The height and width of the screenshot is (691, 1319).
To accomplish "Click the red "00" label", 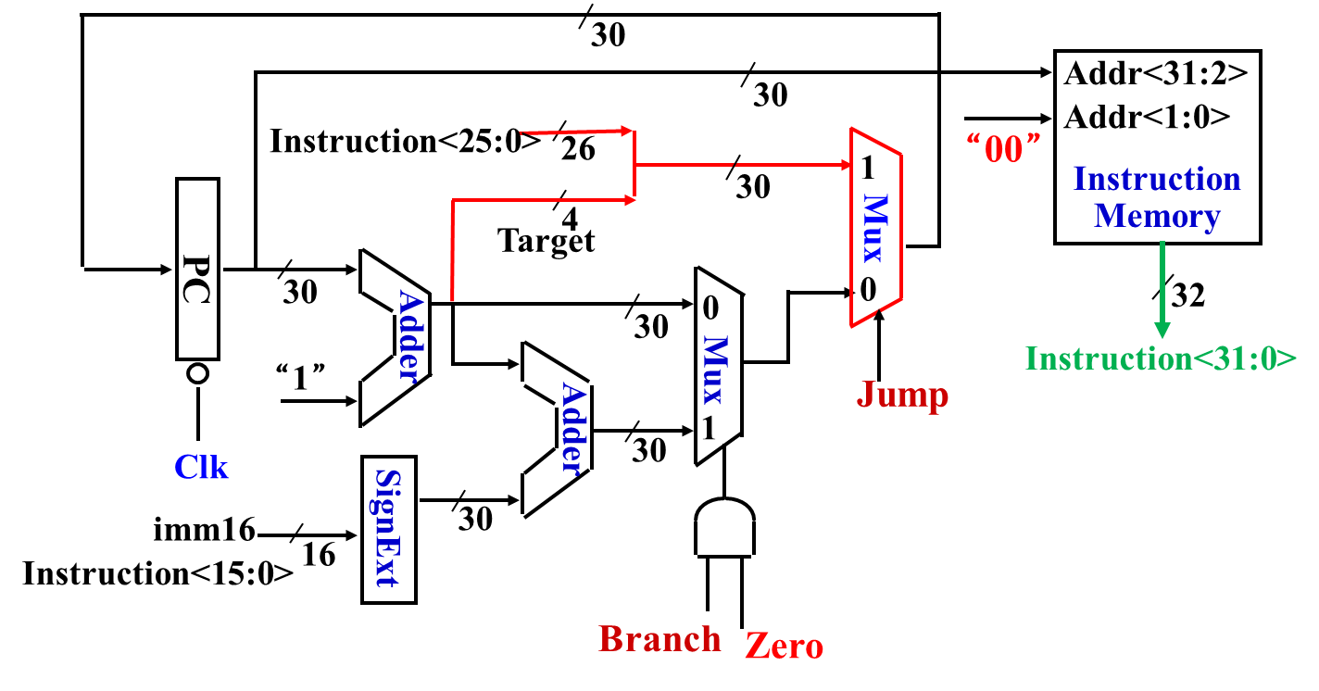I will pyautogui.click(x=1003, y=148).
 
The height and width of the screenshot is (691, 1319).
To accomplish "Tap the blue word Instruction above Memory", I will pyautogui.click(x=1157, y=179).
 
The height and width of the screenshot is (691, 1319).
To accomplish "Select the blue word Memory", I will pyautogui.click(x=1157, y=217).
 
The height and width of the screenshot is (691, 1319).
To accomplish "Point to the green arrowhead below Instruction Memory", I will pyautogui.click(x=1162, y=330).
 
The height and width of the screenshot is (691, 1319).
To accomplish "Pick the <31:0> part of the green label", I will pyautogui.click(x=1244, y=358).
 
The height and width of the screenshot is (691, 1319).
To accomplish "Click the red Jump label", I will pyautogui.click(x=902, y=396).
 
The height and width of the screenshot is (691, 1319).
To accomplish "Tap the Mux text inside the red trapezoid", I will pyautogui.click(x=875, y=228).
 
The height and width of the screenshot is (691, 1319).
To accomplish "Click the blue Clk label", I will pyautogui.click(x=201, y=468).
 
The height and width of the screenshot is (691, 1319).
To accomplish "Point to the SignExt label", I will pyautogui.click(x=386, y=528).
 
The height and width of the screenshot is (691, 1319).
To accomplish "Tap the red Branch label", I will pyautogui.click(x=659, y=639).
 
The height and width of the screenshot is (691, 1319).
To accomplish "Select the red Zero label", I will pyautogui.click(x=784, y=647).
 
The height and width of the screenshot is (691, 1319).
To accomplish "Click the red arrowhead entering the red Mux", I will pyautogui.click(x=847, y=165).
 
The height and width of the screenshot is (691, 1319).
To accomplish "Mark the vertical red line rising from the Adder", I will pyautogui.click(x=452, y=250).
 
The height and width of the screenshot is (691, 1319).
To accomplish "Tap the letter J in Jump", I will pyautogui.click(x=865, y=396).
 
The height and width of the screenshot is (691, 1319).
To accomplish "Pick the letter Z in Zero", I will pyautogui.click(x=755, y=647).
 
